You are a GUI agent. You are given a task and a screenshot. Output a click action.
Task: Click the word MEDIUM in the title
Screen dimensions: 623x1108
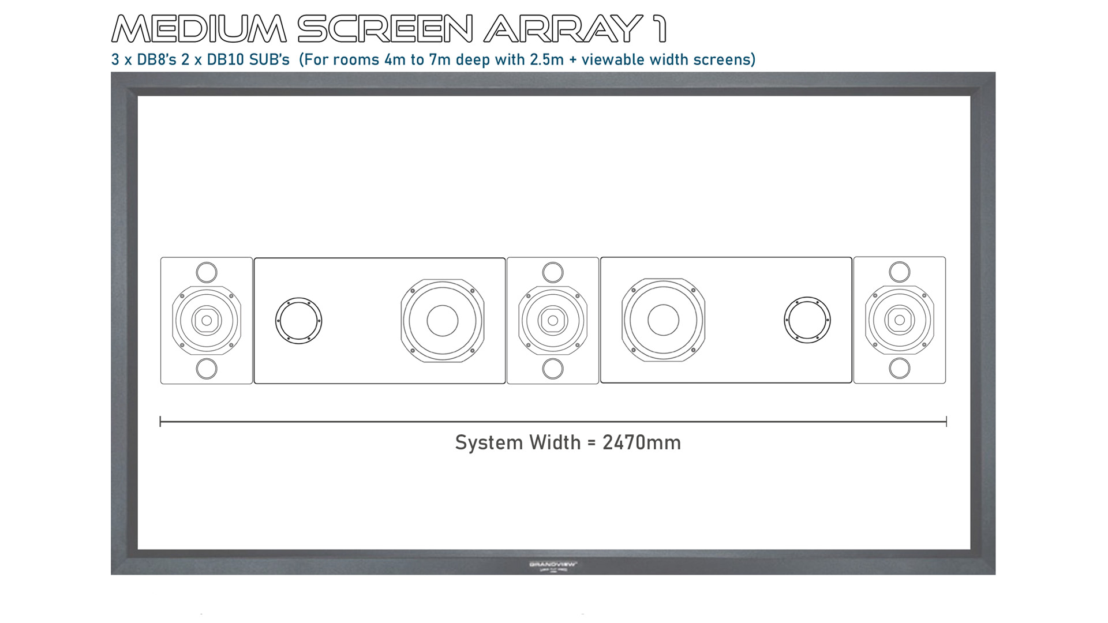199,29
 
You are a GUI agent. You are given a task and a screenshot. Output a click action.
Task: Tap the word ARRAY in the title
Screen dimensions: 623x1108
563,29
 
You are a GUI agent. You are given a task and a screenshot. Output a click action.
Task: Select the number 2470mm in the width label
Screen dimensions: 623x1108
641,442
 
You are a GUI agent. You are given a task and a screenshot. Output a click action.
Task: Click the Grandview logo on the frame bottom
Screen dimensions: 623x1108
553,565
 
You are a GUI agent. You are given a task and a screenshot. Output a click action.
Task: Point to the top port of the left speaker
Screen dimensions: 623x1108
207,272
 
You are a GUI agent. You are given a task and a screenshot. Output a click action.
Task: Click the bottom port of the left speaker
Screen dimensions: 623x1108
207,369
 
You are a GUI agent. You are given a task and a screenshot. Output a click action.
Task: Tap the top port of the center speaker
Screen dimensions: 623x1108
553,272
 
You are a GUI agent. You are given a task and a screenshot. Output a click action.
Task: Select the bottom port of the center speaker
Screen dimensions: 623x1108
553,369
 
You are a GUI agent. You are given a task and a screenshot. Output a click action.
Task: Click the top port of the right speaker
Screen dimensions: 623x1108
899,272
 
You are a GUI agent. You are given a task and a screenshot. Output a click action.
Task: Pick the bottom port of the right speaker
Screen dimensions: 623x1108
899,368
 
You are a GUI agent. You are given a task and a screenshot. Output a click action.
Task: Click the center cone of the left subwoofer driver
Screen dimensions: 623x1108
443,321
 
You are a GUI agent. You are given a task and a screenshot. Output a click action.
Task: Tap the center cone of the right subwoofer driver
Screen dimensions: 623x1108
663,320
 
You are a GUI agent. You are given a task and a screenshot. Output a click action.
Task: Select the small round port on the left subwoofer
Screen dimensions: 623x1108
298,321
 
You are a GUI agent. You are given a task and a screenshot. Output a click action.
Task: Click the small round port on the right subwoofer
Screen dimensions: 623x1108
807,320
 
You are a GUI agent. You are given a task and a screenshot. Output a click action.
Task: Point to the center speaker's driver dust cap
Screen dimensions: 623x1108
553,321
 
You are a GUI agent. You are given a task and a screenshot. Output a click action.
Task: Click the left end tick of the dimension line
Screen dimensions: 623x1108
160,422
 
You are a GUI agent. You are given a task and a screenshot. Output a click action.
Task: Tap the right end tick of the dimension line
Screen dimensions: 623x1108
946,422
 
